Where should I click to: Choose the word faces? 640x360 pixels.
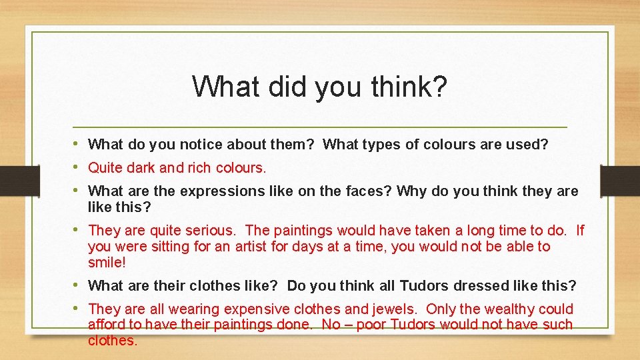(368, 191)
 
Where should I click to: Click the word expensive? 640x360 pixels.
(253, 309)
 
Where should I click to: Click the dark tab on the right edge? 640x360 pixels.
(620, 180)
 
